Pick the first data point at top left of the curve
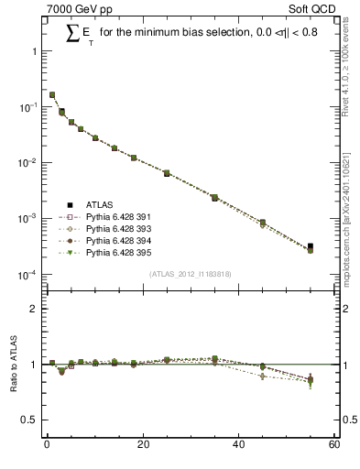coord(52,94)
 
